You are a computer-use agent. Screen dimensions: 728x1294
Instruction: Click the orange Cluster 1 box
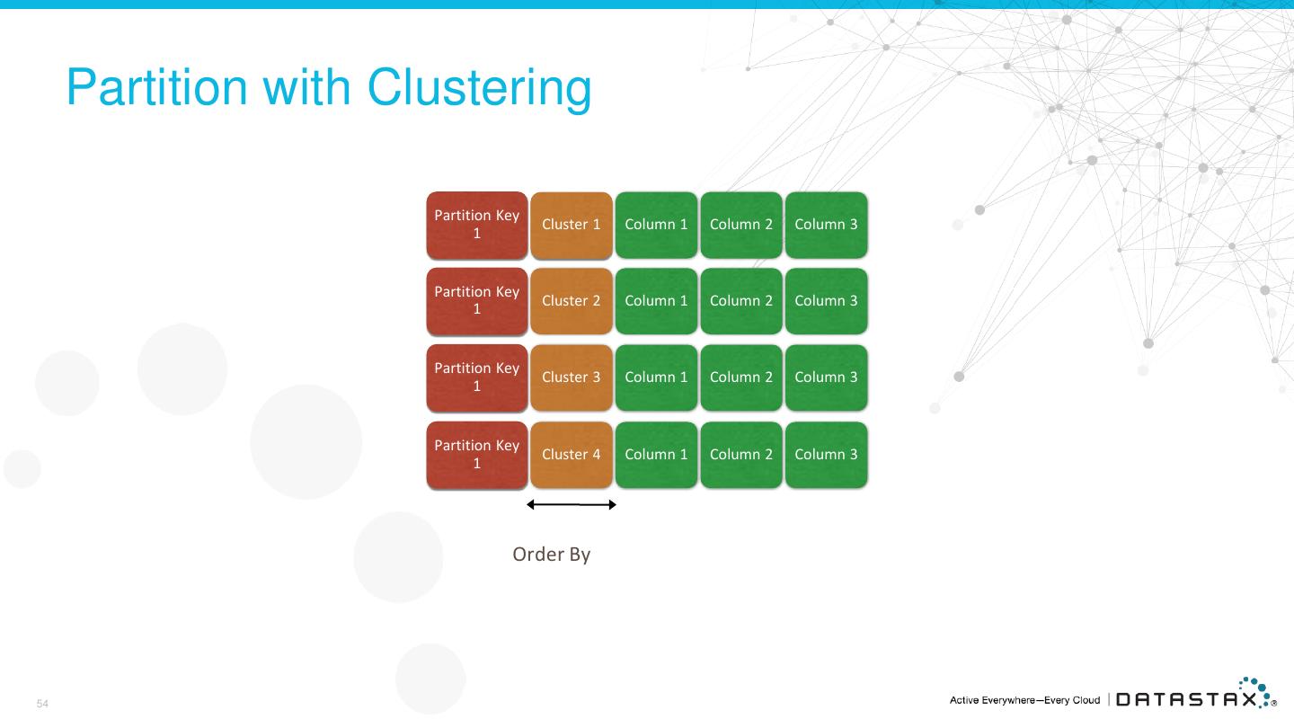coord(572,225)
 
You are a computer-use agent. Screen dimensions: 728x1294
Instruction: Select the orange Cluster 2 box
coord(572,301)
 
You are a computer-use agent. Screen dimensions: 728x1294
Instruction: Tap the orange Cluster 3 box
coord(572,377)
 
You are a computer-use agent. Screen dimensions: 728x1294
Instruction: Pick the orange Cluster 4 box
coord(572,455)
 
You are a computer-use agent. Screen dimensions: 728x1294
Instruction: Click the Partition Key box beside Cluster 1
coord(476,225)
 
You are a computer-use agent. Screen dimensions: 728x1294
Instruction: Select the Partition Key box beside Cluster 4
coord(476,455)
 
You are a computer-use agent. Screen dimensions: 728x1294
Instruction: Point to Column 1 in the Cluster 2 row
coord(656,301)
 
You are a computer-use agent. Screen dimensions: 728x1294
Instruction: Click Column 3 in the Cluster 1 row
coord(826,225)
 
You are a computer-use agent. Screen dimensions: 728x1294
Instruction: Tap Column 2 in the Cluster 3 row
coord(741,377)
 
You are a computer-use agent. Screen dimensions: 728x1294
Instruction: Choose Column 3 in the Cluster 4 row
coord(826,455)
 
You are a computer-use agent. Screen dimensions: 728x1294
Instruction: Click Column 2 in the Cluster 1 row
coord(741,225)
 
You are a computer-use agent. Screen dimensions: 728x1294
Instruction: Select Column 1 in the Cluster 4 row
coord(656,455)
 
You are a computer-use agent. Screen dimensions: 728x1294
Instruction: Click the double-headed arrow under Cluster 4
coord(572,505)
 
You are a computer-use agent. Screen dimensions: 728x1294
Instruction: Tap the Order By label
coord(551,555)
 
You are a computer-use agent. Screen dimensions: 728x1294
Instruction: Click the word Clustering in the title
coord(479,89)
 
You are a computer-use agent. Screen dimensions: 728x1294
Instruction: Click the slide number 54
coord(42,704)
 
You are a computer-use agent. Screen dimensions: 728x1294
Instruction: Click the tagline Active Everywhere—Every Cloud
coord(1024,700)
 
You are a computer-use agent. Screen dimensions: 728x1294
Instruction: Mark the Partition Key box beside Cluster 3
coord(476,377)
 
